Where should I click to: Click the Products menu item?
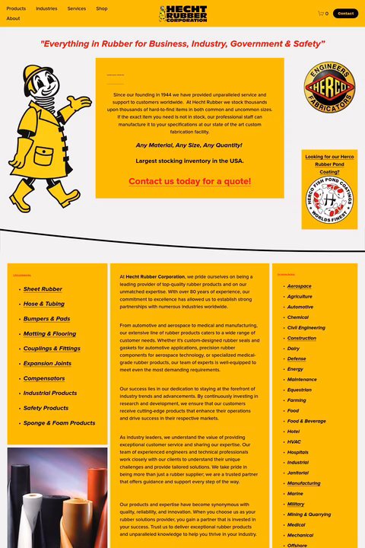point(16,8)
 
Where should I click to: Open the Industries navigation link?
point(46,8)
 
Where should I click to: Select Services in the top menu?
point(76,8)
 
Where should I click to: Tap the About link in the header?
point(13,18)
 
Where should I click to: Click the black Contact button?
point(345,13)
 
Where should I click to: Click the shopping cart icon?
point(321,13)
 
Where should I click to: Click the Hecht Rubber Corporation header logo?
point(182,14)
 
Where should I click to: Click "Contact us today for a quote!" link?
point(189,181)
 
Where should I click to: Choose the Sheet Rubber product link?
point(43,289)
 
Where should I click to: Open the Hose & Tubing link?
point(43,304)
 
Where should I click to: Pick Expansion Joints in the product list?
point(47,363)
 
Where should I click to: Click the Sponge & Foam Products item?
point(59,422)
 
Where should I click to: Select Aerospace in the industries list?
point(299,286)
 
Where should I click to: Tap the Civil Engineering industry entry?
point(306,327)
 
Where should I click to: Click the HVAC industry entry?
point(294,441)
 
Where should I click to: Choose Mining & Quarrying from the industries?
point(309,515)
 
